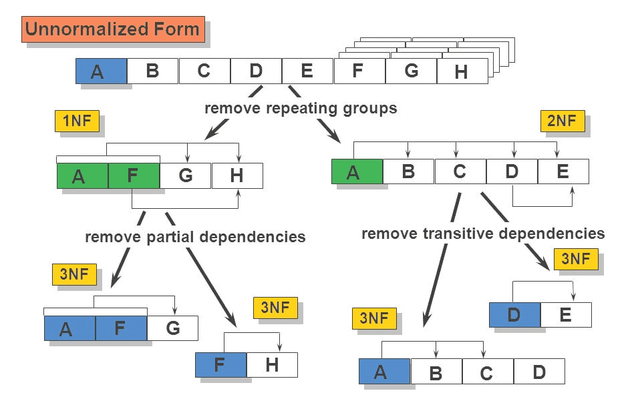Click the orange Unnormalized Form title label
(112, 29)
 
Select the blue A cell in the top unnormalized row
(101, 71)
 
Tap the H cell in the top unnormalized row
(462, 71)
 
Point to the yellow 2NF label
(562, 121)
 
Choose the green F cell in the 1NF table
(134, 175)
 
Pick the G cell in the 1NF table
(185, 175)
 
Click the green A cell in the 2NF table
(357, 171)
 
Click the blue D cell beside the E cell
(514, 314)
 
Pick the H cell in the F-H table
(272, 365)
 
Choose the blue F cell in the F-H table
(220, 365)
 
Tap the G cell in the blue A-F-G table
(172, 328)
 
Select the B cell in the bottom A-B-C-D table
(436, 372)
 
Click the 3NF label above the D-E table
(576, 259)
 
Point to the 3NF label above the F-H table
(275, 308)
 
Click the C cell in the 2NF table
(460, 171)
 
